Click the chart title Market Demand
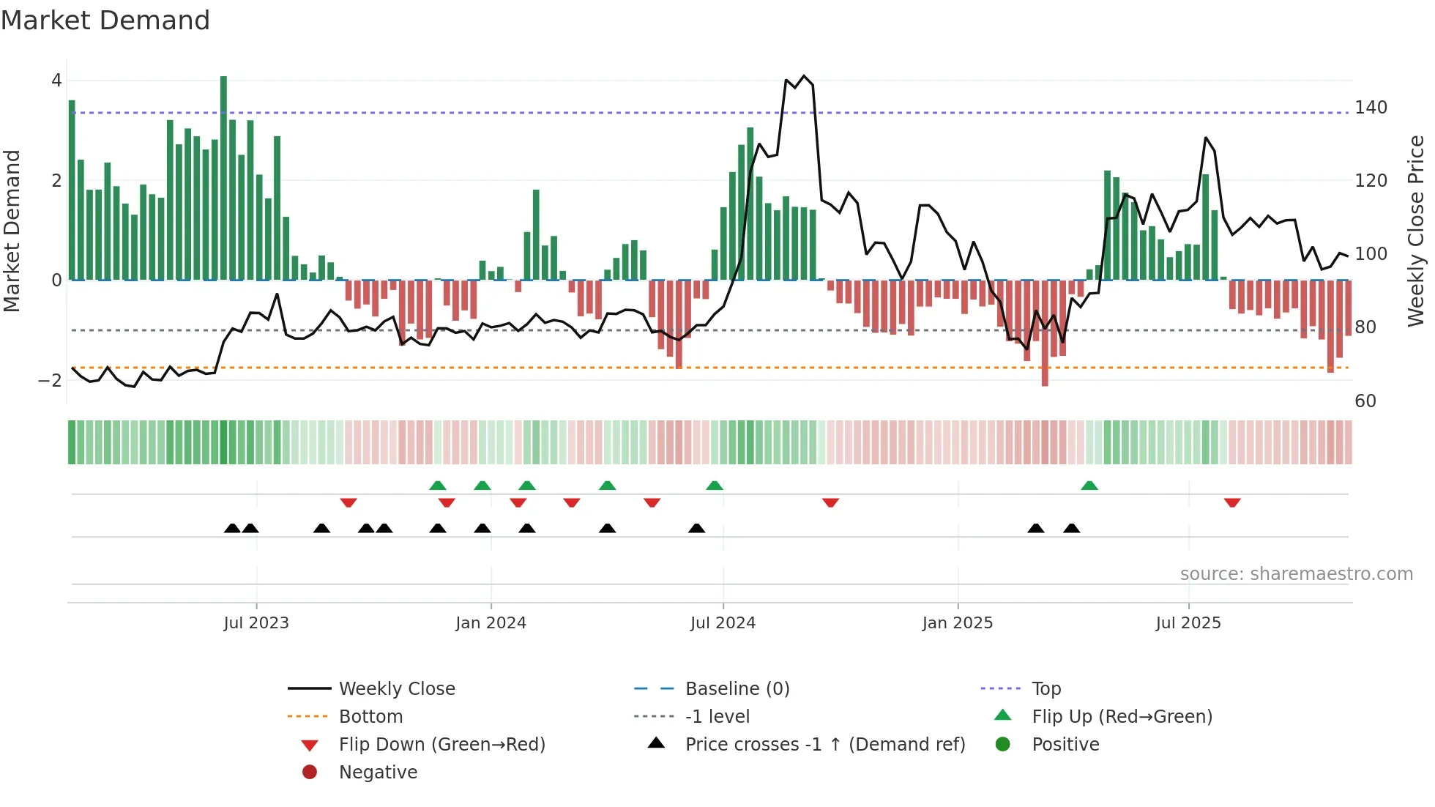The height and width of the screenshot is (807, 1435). coord(105,21)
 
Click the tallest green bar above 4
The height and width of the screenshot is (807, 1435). coord(223,176)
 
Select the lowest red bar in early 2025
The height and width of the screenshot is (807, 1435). coord(1045,333)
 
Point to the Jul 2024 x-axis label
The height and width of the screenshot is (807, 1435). coord(723,623)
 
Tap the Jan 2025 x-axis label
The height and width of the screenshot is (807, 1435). coord(957,623)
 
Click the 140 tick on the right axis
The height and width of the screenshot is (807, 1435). coord(1371,108)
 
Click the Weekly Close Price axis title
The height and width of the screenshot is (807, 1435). coord(1416,231)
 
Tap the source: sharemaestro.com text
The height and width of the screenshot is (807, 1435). coord(1296,574)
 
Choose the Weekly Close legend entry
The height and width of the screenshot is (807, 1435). coord(396,689)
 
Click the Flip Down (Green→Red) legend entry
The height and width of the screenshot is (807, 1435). coord(441,745)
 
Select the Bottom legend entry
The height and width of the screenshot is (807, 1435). coord(370,717)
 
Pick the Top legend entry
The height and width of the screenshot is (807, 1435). coord(1045,689)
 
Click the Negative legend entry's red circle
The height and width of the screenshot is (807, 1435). coord(310,773)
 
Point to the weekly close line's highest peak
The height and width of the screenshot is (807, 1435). coord(804,76)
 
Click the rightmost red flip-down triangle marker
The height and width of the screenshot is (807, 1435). coord(1232,502)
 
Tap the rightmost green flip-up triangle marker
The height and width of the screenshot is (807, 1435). coord(1089,486)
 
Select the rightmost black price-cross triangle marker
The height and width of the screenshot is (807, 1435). coord(1072,528)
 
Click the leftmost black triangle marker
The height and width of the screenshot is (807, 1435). coord(232,528)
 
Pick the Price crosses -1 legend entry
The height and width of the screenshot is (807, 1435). coord(824,745)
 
